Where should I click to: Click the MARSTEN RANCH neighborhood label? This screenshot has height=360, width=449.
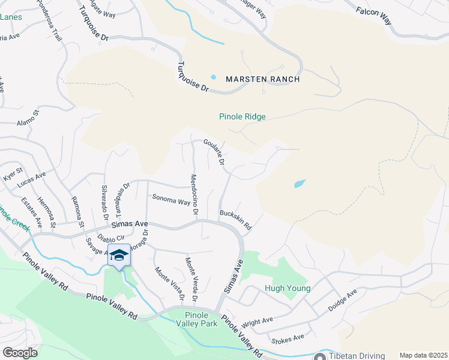tap(262, 79)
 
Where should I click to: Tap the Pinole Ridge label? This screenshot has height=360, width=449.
tap(243, 117)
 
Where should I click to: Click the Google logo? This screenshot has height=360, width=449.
tap(20, 353)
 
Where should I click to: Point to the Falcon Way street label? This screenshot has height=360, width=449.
tap(373, 16)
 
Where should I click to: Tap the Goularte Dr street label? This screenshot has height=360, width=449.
tap(214, 152)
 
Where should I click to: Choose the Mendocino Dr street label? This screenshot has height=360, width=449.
tap(194, 194)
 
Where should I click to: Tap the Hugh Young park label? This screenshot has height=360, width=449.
tap(288, 289)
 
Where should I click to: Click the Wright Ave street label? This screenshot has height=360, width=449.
tap(257, 323)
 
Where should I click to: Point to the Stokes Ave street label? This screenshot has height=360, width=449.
tap(288, 339)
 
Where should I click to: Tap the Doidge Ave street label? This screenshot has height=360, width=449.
tap(342, 300)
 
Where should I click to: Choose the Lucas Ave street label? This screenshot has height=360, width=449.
tap(32, 179)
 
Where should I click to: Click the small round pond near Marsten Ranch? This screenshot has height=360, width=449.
tap(213, 77)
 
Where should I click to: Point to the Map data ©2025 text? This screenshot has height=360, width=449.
tap(423, 355)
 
